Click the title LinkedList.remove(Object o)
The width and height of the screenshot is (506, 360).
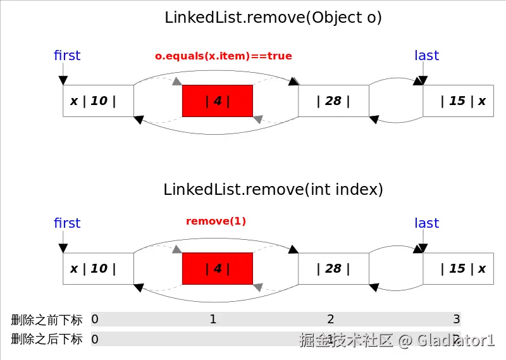click(273, 18)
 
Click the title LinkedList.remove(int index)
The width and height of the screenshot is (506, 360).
click(273, 189)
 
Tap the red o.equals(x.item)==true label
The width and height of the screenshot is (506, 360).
click(223, 56)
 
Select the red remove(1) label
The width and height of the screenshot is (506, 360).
click(216, 221)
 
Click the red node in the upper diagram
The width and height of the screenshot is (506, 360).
click(218, 101)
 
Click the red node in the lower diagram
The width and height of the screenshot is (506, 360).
click(218, 268)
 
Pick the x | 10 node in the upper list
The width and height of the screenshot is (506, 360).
click(98, 101)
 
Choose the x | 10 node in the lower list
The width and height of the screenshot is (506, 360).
click(98, 268)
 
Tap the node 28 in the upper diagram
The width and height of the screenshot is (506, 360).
click(333, 101)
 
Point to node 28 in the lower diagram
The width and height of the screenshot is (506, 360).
click(333, 268)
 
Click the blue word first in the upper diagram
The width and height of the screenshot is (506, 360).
click(67, 56)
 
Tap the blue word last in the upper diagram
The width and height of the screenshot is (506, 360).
click(426, 56)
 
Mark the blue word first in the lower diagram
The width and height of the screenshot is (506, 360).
click(67, 223)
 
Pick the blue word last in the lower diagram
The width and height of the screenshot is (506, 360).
click(426, 223)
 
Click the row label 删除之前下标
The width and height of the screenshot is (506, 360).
click(46, 320)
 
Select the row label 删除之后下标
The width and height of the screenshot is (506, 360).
click(46, 339)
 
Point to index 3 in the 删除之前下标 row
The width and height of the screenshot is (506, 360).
click(456, 319)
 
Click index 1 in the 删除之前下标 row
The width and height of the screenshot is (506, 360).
click(213, 319)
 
